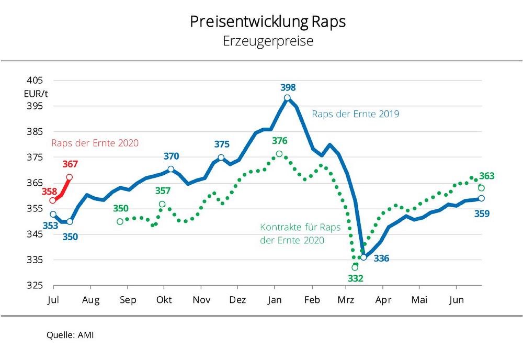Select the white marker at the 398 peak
tap(288, 98)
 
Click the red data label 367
tap(71, 164)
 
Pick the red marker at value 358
tap(53, 200)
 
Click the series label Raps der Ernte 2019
tap(356, 114)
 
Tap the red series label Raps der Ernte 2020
tap(95, 142)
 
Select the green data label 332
tap(356, 278)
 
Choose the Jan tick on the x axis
tap(275, 300)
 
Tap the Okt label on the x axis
tap(165, 300)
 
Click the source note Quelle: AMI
tap(70, 335)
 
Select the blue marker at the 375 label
tap(221, 157)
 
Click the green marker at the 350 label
tap(120, 221)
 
